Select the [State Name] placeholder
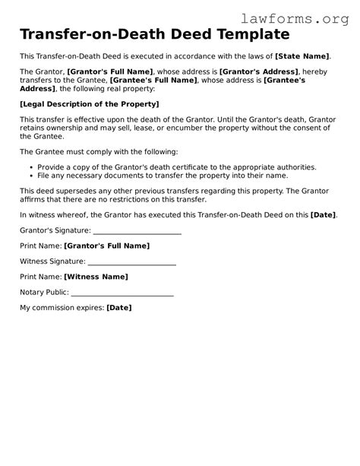click(x=302, y=56)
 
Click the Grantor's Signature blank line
click(x=137, y=231)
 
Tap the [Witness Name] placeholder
click(x=96, y=277)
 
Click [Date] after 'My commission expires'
click(x=119, y=308)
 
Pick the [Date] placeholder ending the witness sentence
click(x=323, y=215)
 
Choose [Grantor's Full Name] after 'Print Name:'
click(x=107, y=246)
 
